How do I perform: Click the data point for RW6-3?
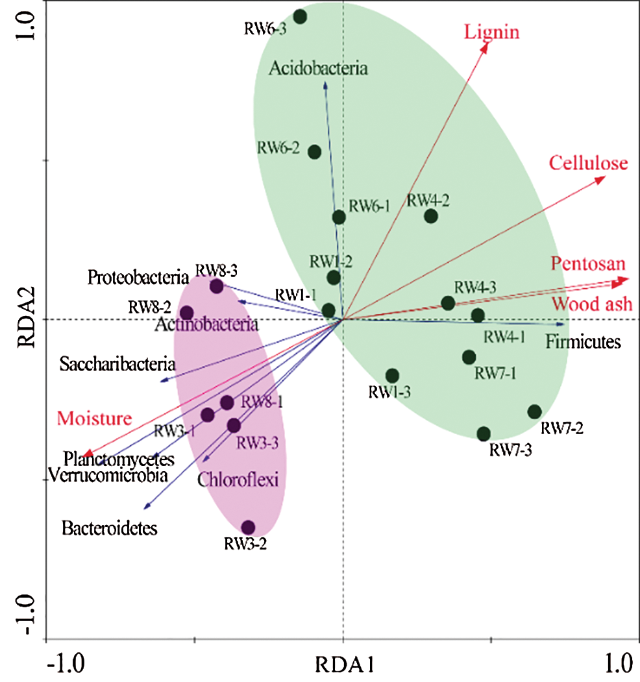pos(300,17)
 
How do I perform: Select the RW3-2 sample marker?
pos(248,528)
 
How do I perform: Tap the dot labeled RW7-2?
pos(534,411)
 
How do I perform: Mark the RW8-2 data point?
pos(186,313)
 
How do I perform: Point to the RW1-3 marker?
pos(392,376)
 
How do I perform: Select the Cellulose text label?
pos(589,163)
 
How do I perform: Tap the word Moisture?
pos(94,419)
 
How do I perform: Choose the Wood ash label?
pos(591,304)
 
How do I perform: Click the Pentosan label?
pos(589,264)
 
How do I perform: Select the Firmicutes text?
pos(584,342)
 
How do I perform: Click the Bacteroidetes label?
pos(110,529)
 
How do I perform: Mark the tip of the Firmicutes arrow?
pos(563,324)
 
